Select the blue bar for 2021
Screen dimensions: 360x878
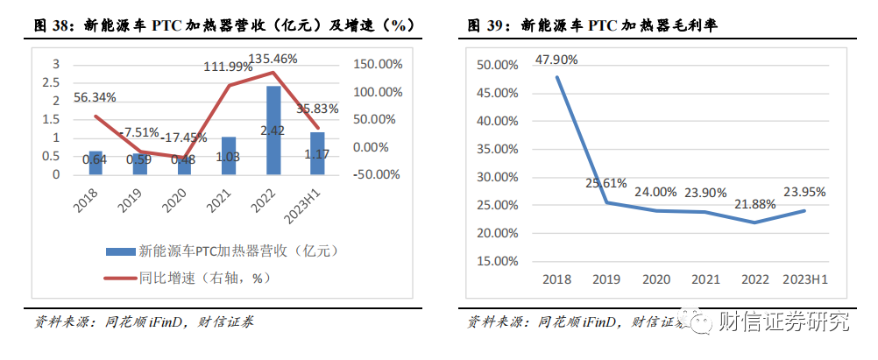point(229,155)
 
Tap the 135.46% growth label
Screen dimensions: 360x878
point(273,59)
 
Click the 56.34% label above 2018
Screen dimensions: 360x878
point(95,97)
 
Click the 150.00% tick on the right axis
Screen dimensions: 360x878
point(377,64)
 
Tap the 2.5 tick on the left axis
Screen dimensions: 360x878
point(55,82)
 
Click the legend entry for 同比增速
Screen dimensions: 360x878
point(201,279)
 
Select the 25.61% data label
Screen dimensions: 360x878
point(606,184)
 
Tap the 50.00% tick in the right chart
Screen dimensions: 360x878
point(494,65)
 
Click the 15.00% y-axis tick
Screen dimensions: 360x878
point(494,261)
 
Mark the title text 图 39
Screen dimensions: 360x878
point(485,26)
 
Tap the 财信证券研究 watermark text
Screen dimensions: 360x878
point(783,322)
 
